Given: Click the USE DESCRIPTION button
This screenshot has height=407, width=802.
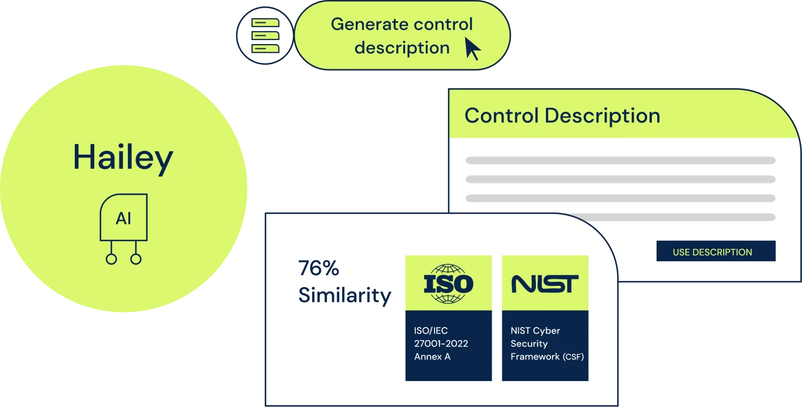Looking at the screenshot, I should (x=715, y=252).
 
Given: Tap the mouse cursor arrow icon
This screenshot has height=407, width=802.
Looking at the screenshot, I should (x=472, y=49).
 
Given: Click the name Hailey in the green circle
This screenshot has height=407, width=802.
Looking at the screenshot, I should (x=123, y=158).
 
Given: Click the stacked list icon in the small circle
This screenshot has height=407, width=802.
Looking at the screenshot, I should (x=264, y=36).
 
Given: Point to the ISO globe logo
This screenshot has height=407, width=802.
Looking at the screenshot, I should (x=448, y=283).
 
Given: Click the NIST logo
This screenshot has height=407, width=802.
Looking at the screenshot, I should (x=545, y=283).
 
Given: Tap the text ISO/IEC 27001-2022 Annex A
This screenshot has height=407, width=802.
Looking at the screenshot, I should (x=440, y=343).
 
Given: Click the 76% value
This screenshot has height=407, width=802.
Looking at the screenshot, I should (x=319, y=268).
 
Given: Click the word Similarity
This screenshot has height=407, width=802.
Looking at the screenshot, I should (x=344, y=295).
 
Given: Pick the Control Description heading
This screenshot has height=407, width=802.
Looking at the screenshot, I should (x=562, y=115).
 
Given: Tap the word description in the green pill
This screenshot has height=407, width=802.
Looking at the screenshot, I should (x=402, y=48).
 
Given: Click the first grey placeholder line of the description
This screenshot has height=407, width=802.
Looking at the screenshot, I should (x=620, y=160).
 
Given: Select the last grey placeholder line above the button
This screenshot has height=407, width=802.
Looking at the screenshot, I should (x=620, y=217).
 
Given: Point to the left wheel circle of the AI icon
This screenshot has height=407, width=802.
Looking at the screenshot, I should (x=111, y=259).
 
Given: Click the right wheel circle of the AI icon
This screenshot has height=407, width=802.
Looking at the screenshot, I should (x=136, y=259).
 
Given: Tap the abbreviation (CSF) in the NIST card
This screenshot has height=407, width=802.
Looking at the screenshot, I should (x=573, y=357).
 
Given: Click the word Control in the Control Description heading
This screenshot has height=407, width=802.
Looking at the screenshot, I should (x=501, y=115).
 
